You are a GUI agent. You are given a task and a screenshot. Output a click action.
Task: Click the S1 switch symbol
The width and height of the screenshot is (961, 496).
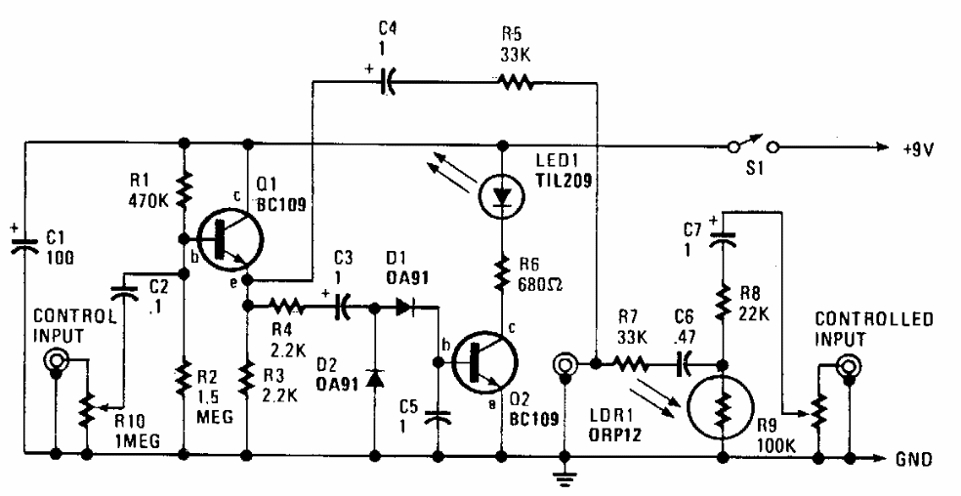tap(752, 147)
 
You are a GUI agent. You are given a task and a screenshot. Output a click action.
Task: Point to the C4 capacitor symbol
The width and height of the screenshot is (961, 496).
tap(387, 82)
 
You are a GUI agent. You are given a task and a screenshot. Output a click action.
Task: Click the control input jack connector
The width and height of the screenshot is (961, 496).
tap(57, 362)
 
